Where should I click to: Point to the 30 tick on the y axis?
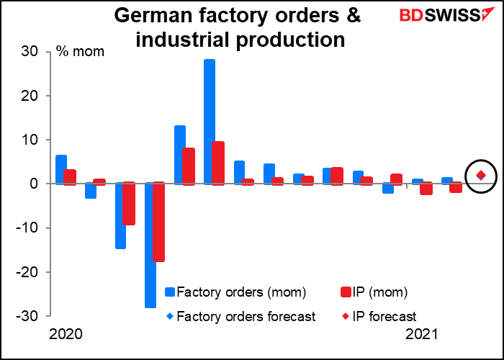(x=29, y=51)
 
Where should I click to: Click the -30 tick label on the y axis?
(x=26, y=316)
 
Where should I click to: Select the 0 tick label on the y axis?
(x=32, y=184)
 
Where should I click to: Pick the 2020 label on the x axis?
(x=66, y=335)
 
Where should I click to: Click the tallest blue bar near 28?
(x=210, y=122)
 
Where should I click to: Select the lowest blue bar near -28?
(x=150, y=245)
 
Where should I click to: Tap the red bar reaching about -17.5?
(x=159, y=222)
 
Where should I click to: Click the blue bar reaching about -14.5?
(x=120, y=216)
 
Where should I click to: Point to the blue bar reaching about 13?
(x=180, y=155)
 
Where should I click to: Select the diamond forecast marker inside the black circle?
(x=481, y=176)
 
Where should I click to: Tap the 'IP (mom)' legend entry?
(x=374, y=292)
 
